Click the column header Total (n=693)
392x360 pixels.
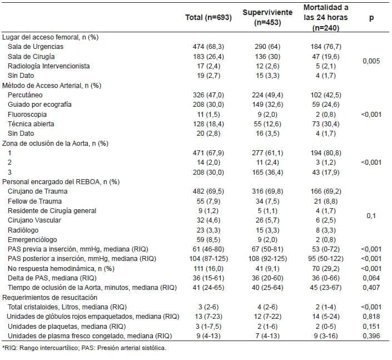click(x=208, y=18)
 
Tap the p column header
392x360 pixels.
click(x=371, y=18)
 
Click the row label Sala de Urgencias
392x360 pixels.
click(x=36, y=47)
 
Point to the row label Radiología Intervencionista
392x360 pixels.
click(x=49, y=66)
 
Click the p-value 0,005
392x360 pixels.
click(x=371, y=61)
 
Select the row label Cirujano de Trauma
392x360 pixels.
click(x=37, y=191)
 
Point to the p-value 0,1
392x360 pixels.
click(x=371, y=215)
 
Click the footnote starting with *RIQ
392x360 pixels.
click(x=83, y=348)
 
